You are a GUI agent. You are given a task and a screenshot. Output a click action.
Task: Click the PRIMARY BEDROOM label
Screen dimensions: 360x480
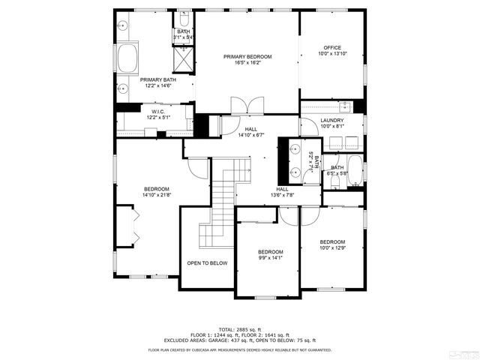247,57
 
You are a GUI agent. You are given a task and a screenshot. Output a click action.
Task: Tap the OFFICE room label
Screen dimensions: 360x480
332,47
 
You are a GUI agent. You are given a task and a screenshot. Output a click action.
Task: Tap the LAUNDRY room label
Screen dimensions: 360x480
331,120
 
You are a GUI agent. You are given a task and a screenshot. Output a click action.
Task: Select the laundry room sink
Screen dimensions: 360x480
345,105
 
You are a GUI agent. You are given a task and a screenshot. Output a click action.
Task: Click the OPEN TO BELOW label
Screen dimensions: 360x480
207,263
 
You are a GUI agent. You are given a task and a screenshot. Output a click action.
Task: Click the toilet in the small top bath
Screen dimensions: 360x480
184,19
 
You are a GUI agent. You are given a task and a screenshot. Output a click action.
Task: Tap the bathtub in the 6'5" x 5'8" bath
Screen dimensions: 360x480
355,170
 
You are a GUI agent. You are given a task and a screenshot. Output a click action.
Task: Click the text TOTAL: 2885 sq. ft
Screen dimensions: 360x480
240,329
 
